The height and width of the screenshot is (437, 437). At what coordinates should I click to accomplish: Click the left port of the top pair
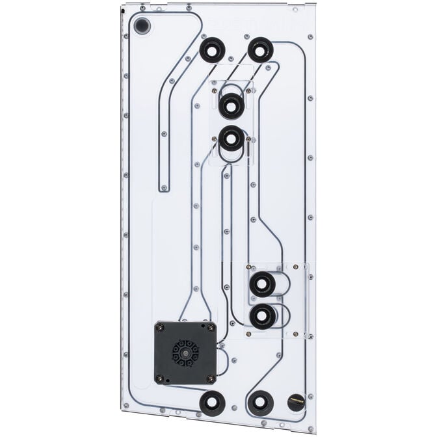tap(212, 49)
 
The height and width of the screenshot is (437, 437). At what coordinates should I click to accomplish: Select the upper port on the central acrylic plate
tap(231, 105)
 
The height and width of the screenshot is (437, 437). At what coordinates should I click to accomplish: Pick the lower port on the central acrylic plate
tap(232, 139)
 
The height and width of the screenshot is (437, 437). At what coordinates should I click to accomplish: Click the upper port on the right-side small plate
tap(262, 284)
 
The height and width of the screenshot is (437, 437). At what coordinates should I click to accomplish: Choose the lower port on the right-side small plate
tap(262, 317)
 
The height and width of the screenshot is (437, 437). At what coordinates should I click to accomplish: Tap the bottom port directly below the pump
tap(212, 403)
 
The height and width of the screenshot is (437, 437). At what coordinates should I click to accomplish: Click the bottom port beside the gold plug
tap(260, 403)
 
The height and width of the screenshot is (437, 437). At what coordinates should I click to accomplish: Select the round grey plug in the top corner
tap(141, 27)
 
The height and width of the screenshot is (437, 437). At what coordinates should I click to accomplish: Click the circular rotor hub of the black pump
tap(184, 353)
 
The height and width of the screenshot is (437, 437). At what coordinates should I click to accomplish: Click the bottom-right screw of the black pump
tap(209, 379)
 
